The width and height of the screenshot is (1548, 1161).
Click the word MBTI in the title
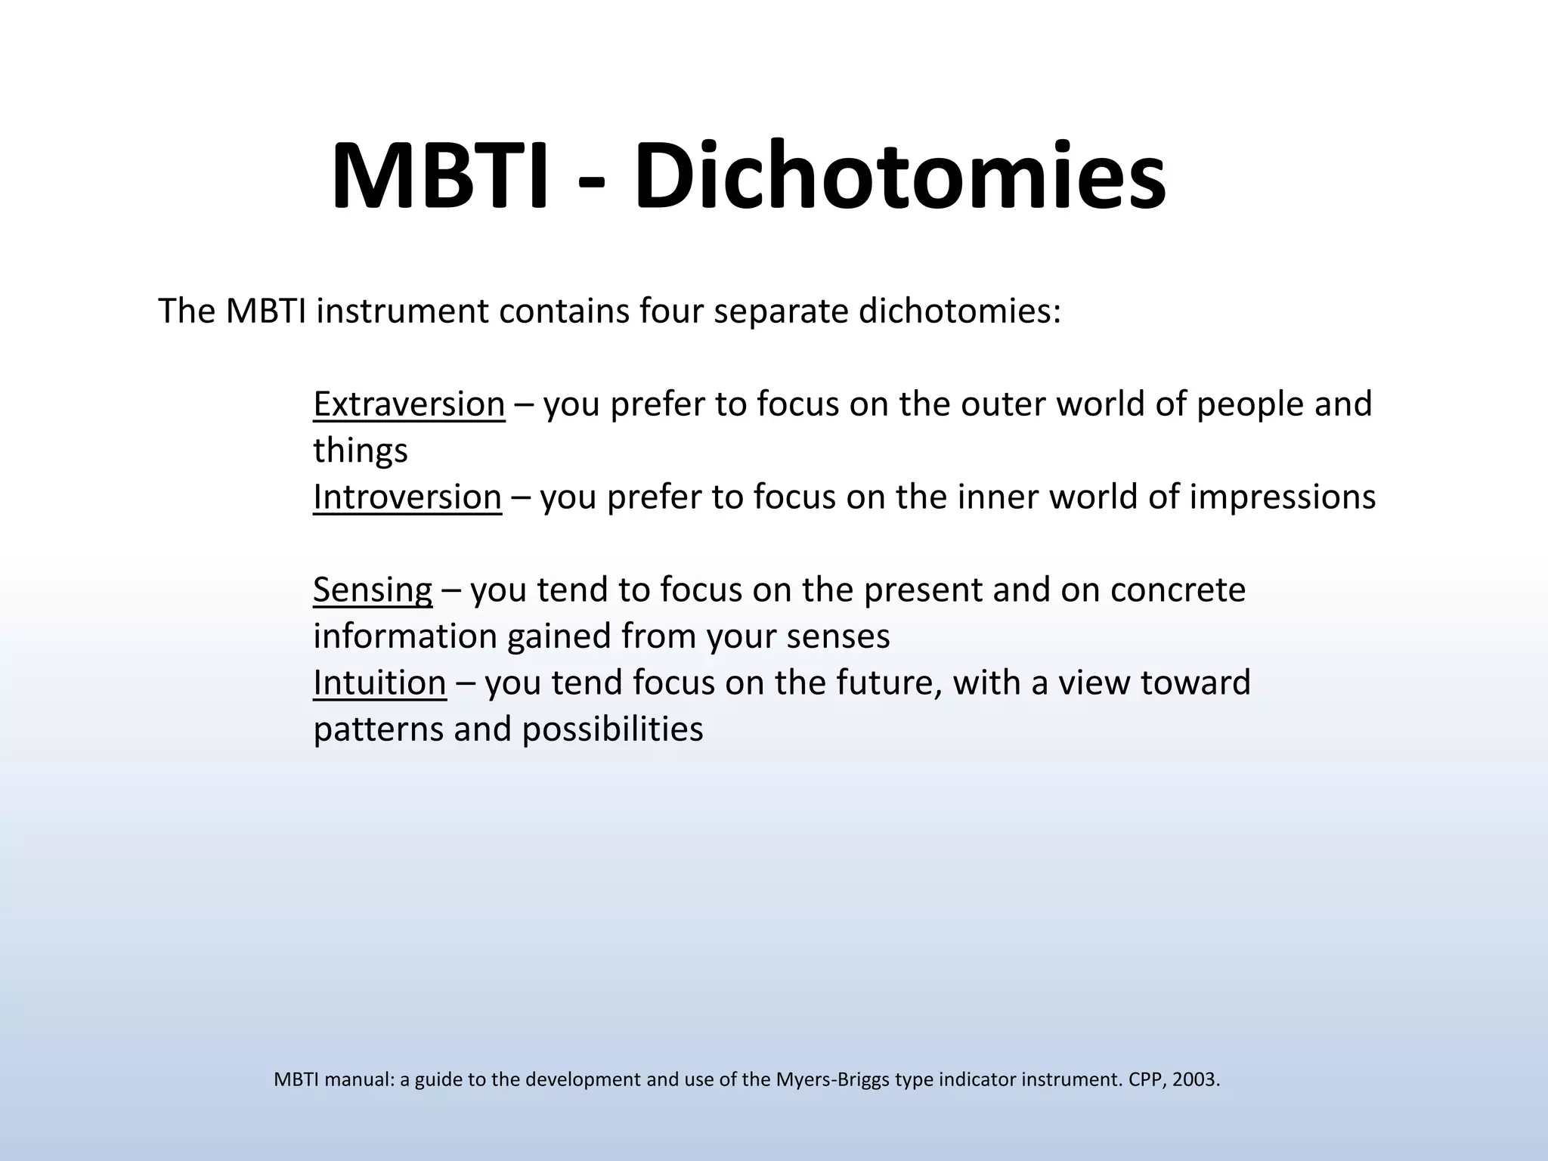pyautogui.click(x=439, y=177)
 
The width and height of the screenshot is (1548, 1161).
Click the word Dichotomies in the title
pyautogui.click(x=899, y=177)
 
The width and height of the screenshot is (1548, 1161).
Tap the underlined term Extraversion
pyautogui.click(x=409, y=404)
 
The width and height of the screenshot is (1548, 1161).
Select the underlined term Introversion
pyautogui.click(x=407, y=497)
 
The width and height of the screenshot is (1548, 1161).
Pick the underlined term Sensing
pyautogui.click(x=373, y=590)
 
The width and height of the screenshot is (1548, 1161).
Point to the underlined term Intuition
pyautogui.click(x=379, y=683)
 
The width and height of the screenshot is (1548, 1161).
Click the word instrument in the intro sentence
pyautogui.click(x=402, y=311)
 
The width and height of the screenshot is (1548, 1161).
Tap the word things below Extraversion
pyautogui.click(x=361, y=451)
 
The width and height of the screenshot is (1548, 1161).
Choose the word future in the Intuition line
pyautogui.click(x=889, y=683)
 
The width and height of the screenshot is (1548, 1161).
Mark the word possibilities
pyautogui.click(x=613, y=729)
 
